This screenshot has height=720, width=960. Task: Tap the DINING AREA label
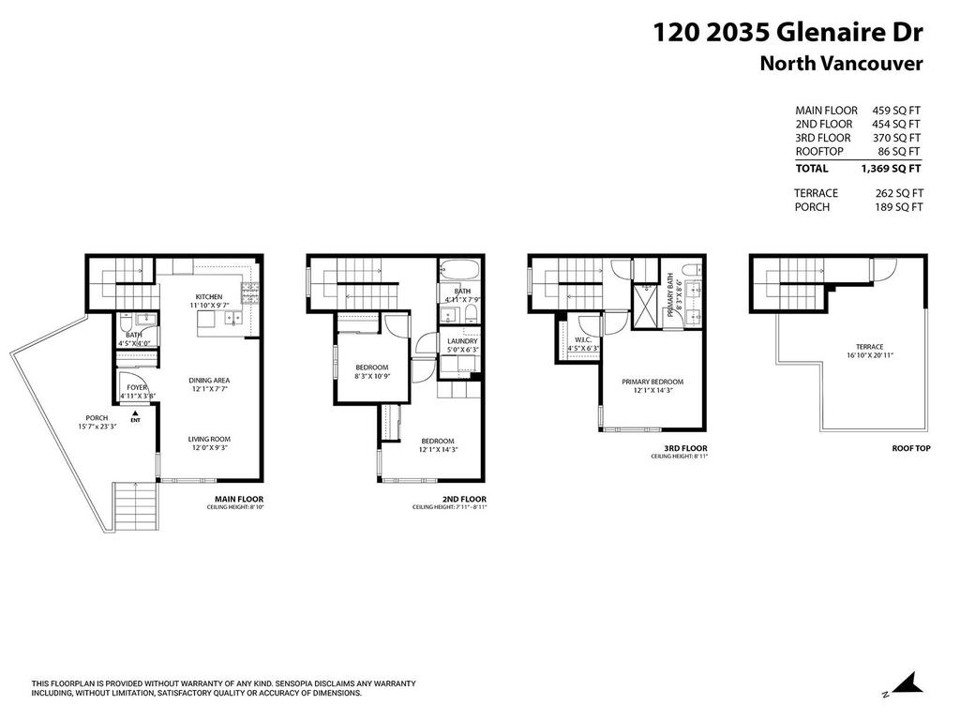point(209,380)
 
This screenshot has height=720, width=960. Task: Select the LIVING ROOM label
point(208,439)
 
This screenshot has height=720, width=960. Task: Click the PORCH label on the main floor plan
point(97,418)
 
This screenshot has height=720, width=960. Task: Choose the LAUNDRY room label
point(462,341)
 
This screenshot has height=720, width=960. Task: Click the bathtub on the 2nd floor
point(459,272)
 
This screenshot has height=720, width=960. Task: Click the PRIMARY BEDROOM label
point(652,382)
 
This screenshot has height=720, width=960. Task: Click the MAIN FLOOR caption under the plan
point(239,499)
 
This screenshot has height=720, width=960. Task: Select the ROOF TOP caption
point(910,449)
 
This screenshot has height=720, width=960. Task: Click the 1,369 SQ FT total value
point(891,169)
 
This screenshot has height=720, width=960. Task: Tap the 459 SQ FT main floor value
point(896,110)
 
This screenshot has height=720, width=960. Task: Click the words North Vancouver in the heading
point(841,64)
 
